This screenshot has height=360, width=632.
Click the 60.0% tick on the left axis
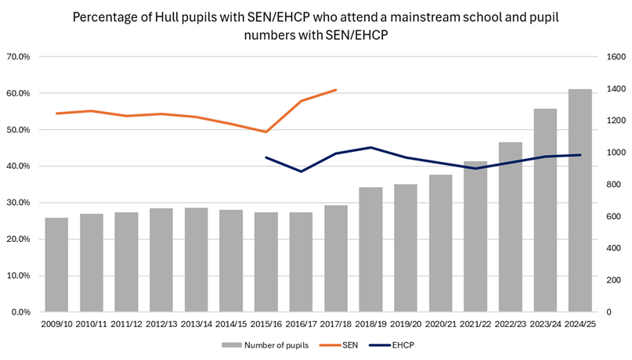tap(18, 94)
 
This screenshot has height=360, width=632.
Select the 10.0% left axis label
tap(18, 275)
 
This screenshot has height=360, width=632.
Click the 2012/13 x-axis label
tap(161, 323)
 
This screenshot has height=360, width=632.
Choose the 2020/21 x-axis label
tap(440, 323)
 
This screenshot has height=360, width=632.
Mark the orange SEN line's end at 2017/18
tap(335, 90)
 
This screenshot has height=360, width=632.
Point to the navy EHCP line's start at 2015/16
tap(265, 157)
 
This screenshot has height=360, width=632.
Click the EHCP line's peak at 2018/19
tap(370, 147)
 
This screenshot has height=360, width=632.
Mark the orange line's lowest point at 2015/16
tap(265, 131)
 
